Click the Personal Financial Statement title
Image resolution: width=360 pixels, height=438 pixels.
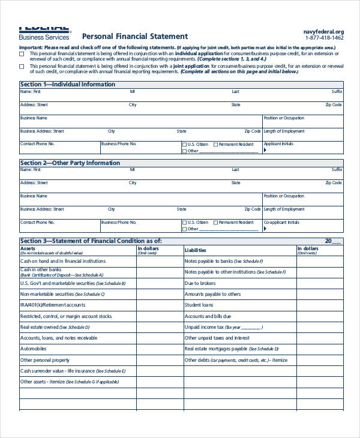[x=134, y=37]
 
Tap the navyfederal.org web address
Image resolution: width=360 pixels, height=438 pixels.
[x=323, y=32]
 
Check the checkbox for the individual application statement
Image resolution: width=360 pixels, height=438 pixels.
[x=22, y=53]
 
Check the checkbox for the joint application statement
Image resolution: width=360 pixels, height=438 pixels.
[x=22, y=66]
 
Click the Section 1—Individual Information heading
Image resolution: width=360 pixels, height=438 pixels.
[x=67, y=85]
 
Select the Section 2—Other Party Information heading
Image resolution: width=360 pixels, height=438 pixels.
[x=70, y=163]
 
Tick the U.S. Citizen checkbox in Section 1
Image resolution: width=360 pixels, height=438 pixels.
[x=184, y=145]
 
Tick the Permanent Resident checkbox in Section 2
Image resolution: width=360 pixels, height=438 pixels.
[x=215, y=223]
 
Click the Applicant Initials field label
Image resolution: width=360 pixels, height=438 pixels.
[x=278, y=144]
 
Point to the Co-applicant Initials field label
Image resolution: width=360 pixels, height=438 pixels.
[x=281, y=223]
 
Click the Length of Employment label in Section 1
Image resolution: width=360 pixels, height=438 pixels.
[x=284, y=131]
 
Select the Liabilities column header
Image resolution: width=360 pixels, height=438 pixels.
[x=196, y=250]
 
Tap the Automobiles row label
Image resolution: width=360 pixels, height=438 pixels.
[x=33, y=349]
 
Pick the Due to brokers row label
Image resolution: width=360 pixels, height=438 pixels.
[x=200, y=283]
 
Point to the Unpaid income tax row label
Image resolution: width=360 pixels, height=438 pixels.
[x=204, y=327]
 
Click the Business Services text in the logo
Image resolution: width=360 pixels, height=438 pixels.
[x=44, y=37]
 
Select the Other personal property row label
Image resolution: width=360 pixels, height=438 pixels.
[x=45, y=360]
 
